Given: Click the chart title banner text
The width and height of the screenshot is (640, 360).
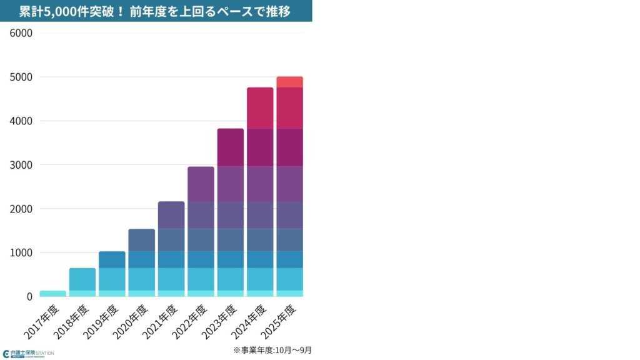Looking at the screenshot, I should pyautogui.click(x=155, y=11).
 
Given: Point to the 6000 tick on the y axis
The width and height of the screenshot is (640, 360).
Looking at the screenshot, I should pyautogui.click(x=21, y=32).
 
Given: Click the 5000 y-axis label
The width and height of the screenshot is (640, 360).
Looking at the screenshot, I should pyautogui.click(x=21, y=77).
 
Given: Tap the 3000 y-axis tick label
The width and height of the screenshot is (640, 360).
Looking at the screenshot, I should pyautogui.click(x=21, y=165).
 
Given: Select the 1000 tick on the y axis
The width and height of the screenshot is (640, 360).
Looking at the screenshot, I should pyautogui.click(x=21, y=252).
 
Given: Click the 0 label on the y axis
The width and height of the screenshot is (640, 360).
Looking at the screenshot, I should pyautogui.click(x=29, y=297).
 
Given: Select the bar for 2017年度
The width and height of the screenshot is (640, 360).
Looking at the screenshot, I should pyautogui.click(x=52, y=293).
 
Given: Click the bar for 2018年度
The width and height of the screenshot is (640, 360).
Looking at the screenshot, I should pyautogui.click(x=82, y=279).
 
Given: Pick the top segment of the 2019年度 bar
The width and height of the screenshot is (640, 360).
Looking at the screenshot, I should pyautogui.click(x=112, y=259).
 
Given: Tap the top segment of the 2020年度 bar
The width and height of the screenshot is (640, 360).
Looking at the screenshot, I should pyautogui.click(x=142, y=240).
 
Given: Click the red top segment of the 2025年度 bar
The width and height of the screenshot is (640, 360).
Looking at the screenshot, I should pyautogui.click(x=289, y=82).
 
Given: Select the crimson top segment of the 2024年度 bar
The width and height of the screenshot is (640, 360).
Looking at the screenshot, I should pyautogui.click(x=260, y=107).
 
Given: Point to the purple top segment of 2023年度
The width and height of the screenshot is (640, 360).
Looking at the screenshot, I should pyautogui.click(x=230, y=147).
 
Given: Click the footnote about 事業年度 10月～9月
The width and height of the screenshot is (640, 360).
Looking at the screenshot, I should pyautogui.click(x=272, y=350).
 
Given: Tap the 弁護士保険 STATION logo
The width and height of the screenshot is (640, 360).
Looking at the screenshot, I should pyautogui.click(x=28, y=353).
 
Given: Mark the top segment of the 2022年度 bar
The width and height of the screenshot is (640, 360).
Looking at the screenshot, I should pyautogui.click(x=201, y=184).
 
